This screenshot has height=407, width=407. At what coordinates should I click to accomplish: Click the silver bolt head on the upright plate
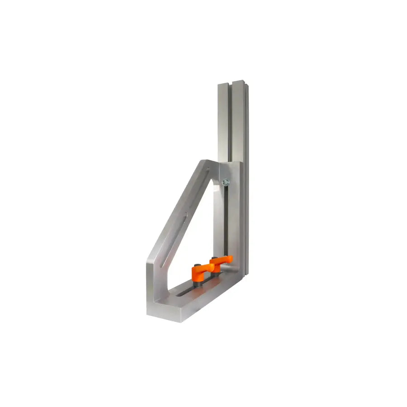pos(225,182)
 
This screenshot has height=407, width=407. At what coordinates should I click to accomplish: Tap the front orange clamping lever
pos(199,273)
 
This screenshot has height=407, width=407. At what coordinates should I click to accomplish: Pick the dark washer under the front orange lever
pos(199,284)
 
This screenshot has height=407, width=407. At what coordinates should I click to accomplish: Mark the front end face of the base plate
pos(165,315)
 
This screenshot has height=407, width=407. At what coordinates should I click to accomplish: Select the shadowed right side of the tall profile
pos(246,181)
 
